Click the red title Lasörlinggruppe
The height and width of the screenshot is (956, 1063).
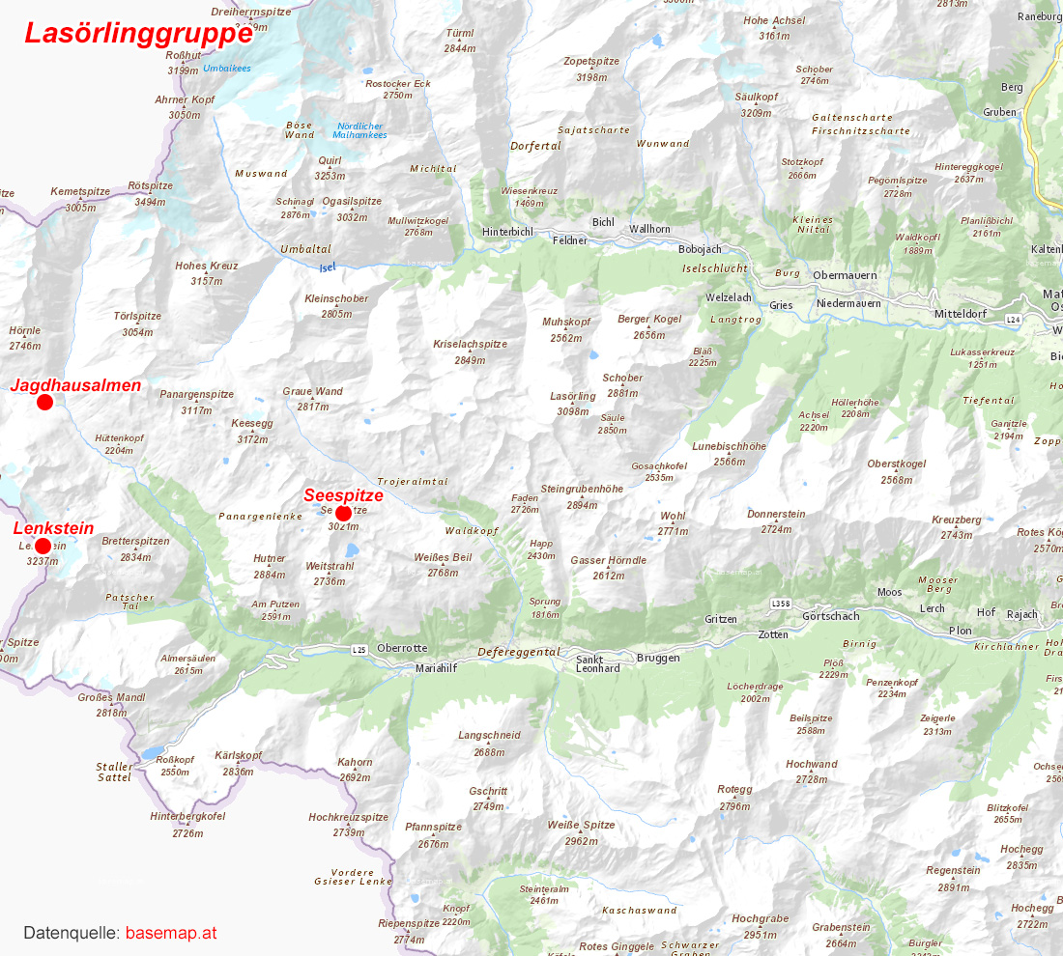click(138, 32)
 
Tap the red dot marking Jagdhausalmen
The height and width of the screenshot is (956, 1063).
click(44, 402)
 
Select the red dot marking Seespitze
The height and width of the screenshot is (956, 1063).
click(343, 513)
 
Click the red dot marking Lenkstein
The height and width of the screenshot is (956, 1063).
click(43, 546)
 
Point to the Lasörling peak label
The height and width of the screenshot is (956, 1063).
click(573, 397)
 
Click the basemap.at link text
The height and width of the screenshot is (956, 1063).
click(171, 934)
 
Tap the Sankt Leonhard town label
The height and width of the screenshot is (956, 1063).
click(597, 663)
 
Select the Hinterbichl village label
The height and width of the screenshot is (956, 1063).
click(508, 232)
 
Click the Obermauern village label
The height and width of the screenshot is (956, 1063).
click(846, 275)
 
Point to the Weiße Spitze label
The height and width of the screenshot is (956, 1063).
click(581, 825)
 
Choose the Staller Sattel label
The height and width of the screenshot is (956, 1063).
click(114, 772)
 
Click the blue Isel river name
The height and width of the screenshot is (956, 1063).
click(328, 267)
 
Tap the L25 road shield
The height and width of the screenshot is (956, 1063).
click(360, 650)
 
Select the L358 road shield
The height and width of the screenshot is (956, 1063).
click(781, 604)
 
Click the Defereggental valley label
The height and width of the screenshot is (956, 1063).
click(518, 652)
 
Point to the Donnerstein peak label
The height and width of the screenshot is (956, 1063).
click(776, 514)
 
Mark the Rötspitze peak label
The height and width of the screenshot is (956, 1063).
click(150, 185)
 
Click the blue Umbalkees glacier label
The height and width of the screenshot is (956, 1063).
click(227, 69)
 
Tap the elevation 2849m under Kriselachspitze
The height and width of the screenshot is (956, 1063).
click(470, 360)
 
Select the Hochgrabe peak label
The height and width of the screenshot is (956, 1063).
click(760, 919)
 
